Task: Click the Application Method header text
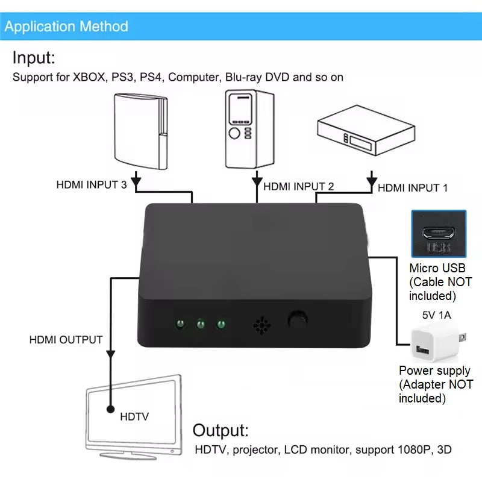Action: (x=66, y=27)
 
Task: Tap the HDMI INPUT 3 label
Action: (x=91, y=185)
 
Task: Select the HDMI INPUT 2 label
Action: (x=298, y=186)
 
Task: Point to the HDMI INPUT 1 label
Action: (x=413, y=188)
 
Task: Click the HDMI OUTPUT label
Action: (x=66, y=340)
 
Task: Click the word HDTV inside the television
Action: (x=135, y=416)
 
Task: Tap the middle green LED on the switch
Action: (x=199, y=325)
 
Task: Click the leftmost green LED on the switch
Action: (x=179, y=325)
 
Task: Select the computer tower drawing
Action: (x=248, y=129)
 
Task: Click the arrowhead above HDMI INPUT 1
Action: (x=372, y=179)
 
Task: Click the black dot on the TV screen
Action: (x=110, y=410)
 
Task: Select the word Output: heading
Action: (x=221, y=431)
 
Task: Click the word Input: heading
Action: (x=34, y=58)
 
